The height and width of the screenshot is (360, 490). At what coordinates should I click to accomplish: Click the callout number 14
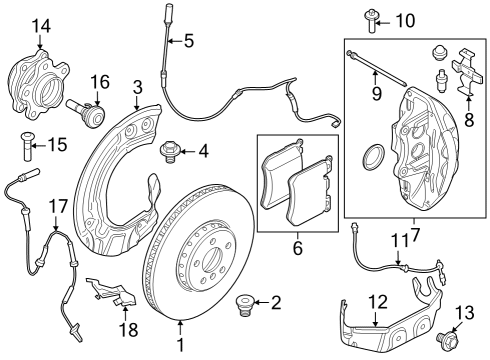(x=41, y=26)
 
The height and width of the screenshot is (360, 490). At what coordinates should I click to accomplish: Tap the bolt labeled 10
(x=371, y=21)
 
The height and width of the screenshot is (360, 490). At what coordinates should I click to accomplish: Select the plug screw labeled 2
(x=243, y=303)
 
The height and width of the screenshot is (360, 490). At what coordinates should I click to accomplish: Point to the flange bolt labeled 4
(x=169, y=152)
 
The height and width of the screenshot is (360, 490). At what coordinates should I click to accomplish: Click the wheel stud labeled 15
(x=26, y=146)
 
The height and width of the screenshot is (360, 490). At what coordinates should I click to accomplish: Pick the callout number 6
(x=298, y=248)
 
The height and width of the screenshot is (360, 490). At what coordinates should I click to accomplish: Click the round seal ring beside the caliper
(x=373, y=157)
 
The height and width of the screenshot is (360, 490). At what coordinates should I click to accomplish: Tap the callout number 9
(x=377, y=94)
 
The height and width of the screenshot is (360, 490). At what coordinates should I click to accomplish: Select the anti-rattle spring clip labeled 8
(x=467, y=72)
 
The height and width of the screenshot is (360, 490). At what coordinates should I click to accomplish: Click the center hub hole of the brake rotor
(x=212, y=259)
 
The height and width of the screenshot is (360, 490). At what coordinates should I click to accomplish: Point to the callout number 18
(x=128, y=330)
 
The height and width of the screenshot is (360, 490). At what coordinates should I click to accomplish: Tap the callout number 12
(x=378, y=302)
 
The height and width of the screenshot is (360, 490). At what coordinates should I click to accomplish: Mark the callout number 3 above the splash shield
(x=137, y=88)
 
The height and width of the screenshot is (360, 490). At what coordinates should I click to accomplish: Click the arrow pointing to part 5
(x=176, y=41)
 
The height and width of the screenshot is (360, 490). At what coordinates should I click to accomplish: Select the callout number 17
(x=58, y=206)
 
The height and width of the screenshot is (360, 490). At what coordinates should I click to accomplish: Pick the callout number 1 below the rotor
(x=180, y=345)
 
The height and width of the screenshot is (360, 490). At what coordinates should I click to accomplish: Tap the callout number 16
(x=100, y=82)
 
